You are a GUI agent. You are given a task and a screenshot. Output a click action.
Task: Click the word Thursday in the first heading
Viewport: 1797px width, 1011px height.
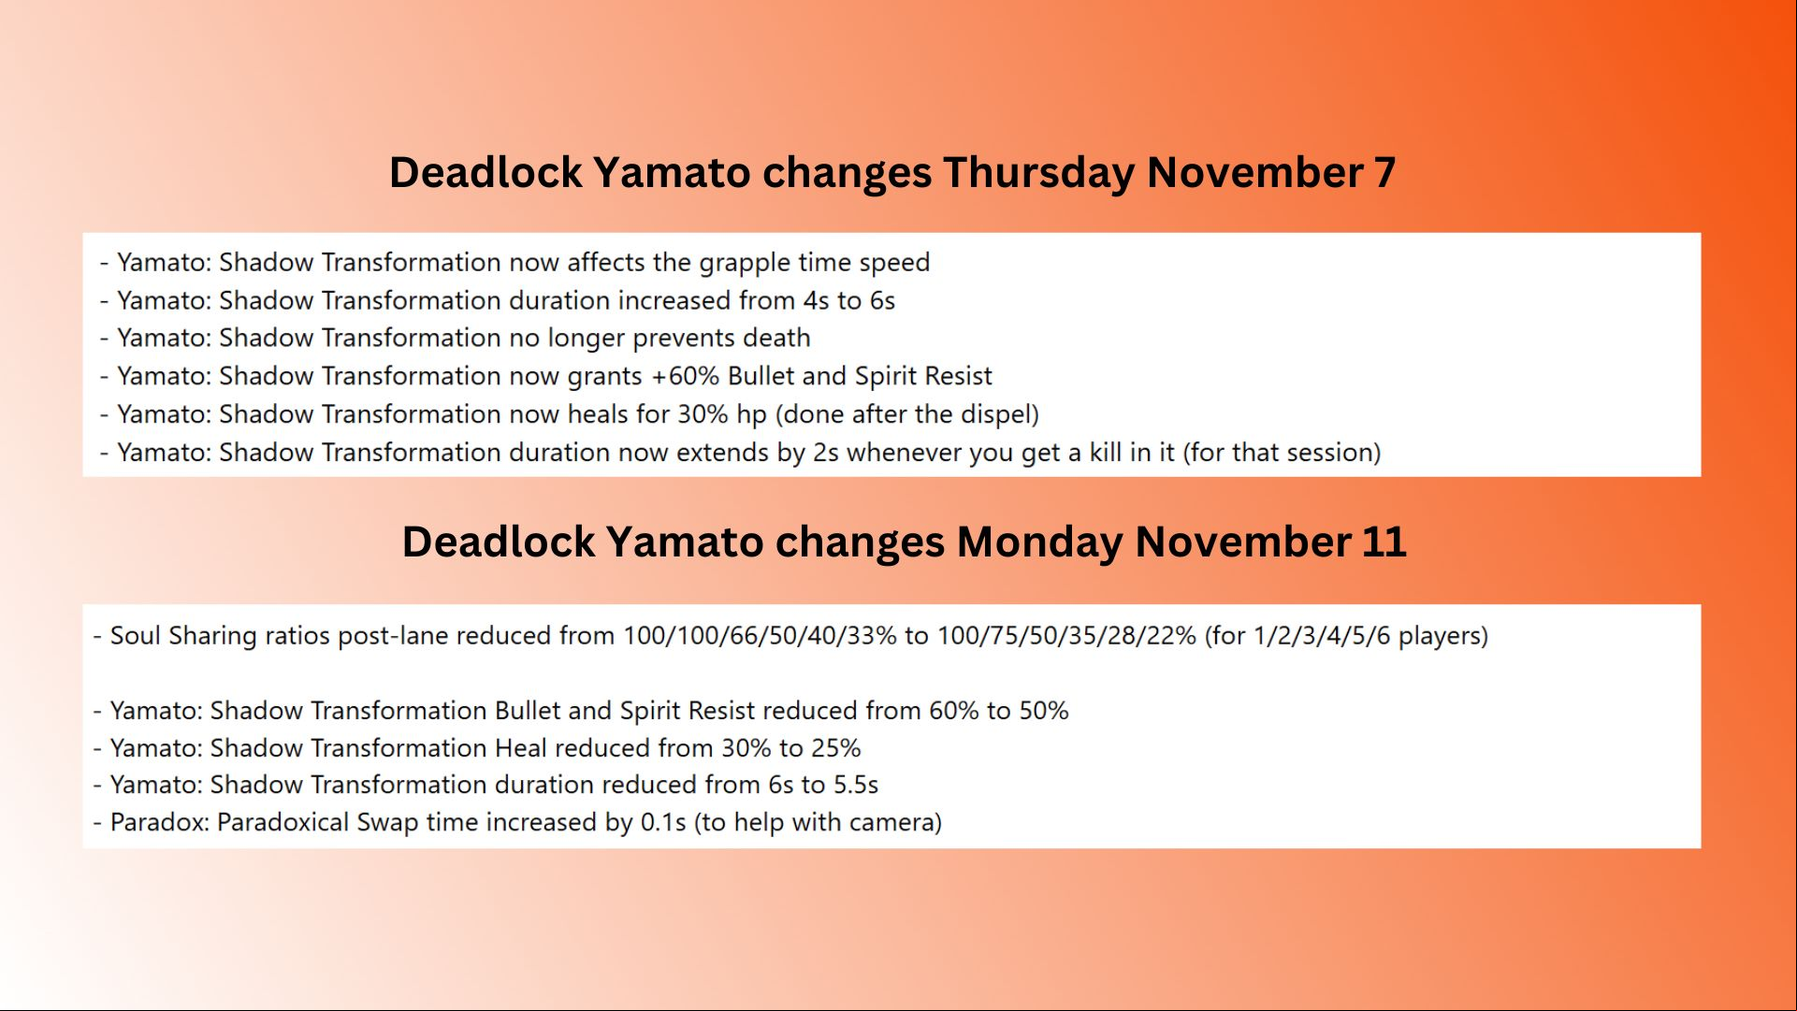[x=1039, y=173]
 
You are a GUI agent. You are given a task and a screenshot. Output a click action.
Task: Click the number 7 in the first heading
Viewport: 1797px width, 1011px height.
[x=1384, y=173]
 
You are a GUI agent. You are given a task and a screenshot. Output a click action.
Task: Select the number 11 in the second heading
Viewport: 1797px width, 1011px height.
[x=1384, y=542]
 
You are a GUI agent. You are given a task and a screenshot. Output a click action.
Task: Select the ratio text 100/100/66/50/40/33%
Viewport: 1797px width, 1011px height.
[x=760, y=636]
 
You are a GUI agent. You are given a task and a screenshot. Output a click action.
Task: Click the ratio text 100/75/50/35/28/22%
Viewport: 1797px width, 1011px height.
[x=1066, y=636]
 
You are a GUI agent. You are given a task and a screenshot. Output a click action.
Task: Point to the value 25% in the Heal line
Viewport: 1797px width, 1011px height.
[x=836, y=748]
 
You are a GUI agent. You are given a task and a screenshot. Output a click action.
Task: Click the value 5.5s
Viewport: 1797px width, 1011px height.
[x=856, y=785]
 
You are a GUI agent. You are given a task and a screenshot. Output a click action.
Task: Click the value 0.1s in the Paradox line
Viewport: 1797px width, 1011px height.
[x=663, y=822]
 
